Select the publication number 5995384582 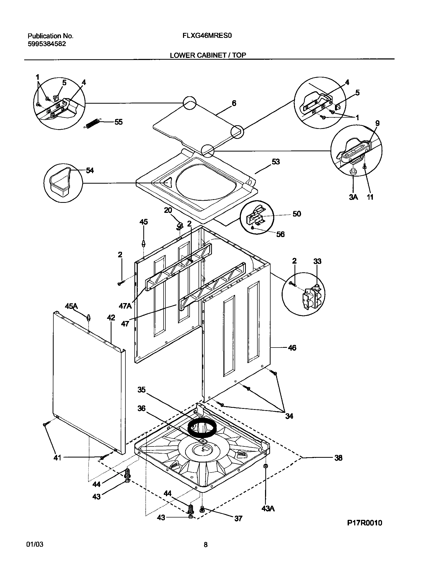coord(47,44)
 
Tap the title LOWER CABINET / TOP coord(208,55)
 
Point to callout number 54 coord(90,170)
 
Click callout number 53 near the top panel coord(276,162)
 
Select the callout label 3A coord(353,197)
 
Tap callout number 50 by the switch coord(297,214)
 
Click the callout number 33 coord(317,261)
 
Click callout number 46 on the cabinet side coord(292,348)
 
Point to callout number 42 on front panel coord(111,318)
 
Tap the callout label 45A coord(71,306)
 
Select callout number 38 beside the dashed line coord(338,458)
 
